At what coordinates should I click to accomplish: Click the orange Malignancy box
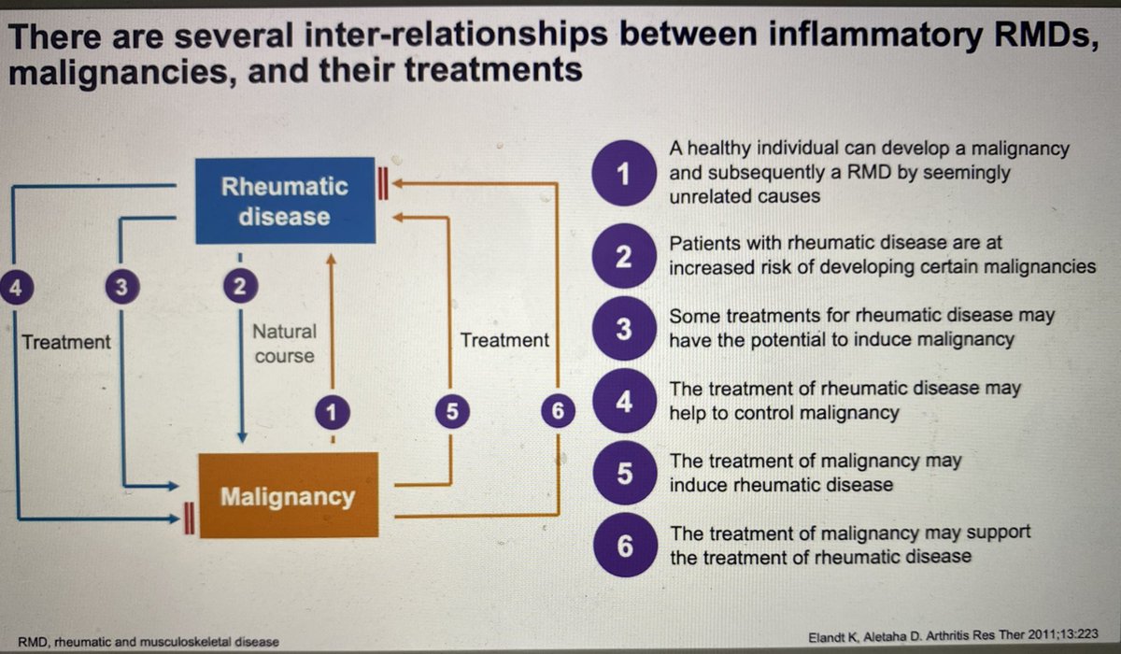(287, 495)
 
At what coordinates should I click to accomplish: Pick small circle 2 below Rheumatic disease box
(240, 288)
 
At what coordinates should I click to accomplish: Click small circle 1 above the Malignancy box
(331, 411)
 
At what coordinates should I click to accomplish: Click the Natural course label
(284, 343)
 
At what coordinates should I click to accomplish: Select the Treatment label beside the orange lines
(504, 340)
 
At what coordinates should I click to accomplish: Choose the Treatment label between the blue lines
(65, 342)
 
